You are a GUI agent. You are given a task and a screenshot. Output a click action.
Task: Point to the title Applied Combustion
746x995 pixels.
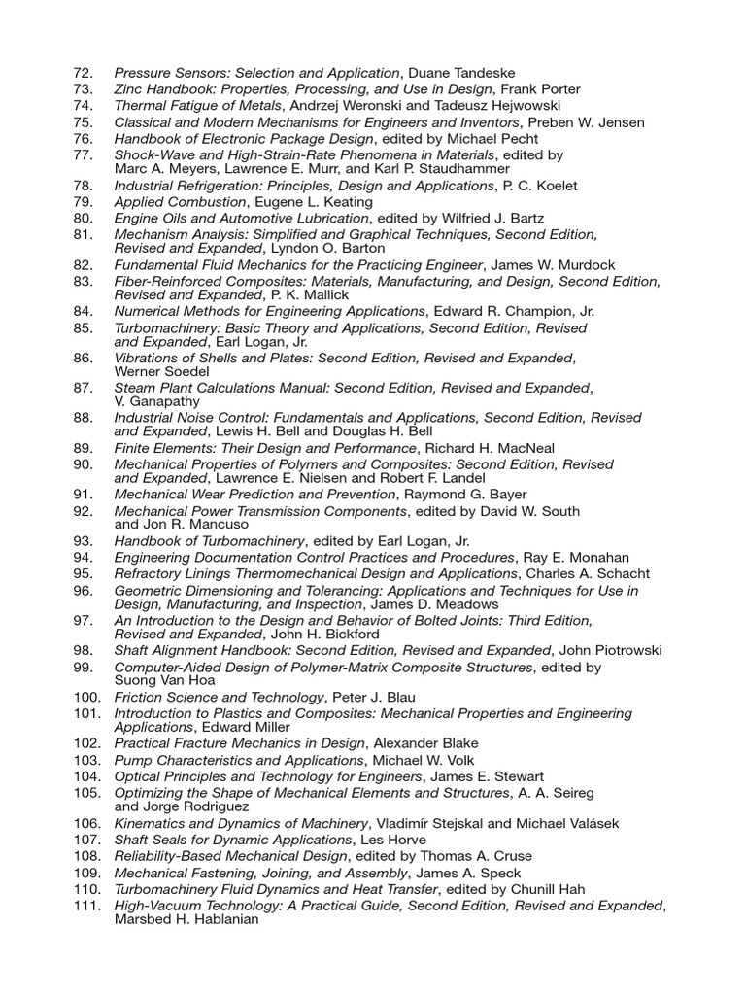(179, 202)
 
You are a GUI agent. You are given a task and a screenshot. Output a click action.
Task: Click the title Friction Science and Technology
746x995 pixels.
(219, 697)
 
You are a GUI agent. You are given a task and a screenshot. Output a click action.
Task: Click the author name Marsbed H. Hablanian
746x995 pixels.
(186, 919)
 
